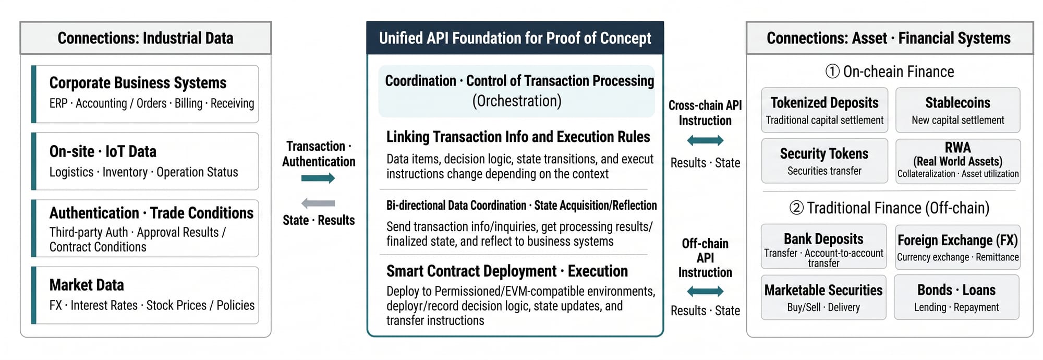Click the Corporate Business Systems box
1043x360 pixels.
pos(145,94)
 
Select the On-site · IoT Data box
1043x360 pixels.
pos(145,161)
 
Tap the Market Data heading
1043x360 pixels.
pos(87,285)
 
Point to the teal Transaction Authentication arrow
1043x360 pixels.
pos(318,178)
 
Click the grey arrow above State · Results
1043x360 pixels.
pos(318,203)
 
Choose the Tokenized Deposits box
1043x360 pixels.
pos(824,110)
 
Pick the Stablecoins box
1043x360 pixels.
pos(958,110)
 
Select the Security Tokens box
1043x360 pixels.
pos(824,161)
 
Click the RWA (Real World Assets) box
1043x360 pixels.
pos(958,161)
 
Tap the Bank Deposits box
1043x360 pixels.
pos(824,246)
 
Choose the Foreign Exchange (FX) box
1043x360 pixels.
pos(957,247)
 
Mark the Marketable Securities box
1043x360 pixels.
pos(824,297)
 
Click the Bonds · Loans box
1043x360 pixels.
pos(957,297)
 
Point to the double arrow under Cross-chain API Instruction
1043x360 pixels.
pos(705,140)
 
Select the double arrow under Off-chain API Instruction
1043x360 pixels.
pos(705,291)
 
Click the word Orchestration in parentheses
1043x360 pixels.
pos(517,101)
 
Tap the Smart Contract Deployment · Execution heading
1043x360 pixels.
pos(507,271)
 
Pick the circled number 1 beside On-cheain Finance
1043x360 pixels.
pos(832,71)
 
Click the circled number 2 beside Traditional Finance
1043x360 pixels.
pos(796,208)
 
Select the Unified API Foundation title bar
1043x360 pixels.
pos(515,38)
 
